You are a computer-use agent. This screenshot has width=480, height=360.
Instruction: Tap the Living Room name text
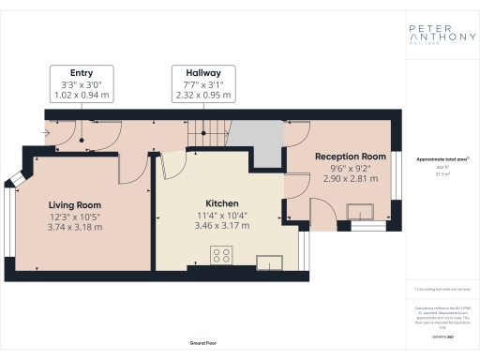(x=75, y=204)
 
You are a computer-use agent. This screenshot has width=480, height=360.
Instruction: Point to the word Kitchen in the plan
(x=221, y=203)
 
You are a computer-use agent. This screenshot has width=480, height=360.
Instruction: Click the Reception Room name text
(x=350, y=156)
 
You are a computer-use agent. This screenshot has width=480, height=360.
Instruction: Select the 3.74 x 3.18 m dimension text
(x=75, y=228)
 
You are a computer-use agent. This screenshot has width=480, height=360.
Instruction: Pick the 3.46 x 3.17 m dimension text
(x=221, y=226)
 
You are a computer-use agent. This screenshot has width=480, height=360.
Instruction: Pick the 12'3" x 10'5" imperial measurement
(x=75, y=217)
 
